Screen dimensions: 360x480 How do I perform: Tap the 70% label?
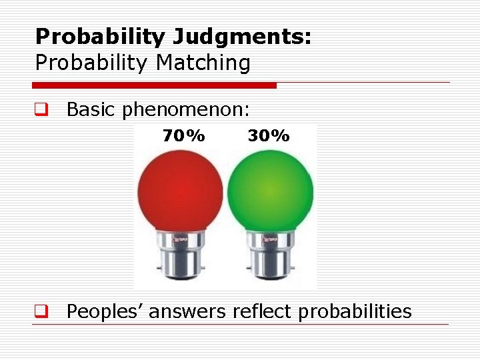pyautogui.click(x=184, y=136)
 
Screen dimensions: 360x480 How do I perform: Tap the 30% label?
pyautogui.click(x=269, y=136)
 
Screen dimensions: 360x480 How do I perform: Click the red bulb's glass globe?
pyautogui.click(x=180, y=190)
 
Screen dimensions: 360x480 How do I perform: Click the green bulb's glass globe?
pyautogui.click(x=270, y=190)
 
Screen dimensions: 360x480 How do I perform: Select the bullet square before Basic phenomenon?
pyautogui.click(x=40, y=109)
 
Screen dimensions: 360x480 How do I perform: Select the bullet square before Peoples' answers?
pyautogui.click(x=40, y=311)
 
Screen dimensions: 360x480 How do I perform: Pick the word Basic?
pyautogui.click(x=92, y=109)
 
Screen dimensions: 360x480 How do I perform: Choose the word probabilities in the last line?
pyautogui.click(x=355, y=311)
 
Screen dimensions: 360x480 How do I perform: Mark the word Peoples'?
pyautogui.click(x=105, y=311)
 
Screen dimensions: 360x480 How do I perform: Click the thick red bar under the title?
pyautogui.click(x=154, y=85)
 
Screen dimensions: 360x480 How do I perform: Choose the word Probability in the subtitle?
pyautogui.click(x=92, y=63)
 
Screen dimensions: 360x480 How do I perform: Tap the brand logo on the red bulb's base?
pyautogui.click(x=183, y=238)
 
